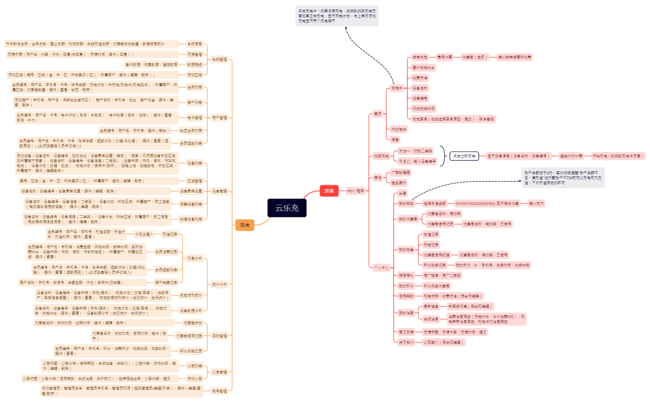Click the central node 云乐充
point(287,208)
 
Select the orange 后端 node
point(244,225)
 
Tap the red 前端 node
point(328,191)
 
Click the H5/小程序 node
point(355,191)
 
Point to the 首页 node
point(378,113)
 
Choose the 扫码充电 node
point(381,156)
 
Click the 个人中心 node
point(381,268)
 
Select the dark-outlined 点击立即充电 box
point(463,156)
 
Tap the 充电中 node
point(397,89)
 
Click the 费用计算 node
point(445,57)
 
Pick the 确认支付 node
point(535,203)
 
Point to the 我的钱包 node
point(405,203)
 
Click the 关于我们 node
point(405,342)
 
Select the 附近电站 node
point(398,130)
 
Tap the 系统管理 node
point(219,60)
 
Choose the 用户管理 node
point(219,117)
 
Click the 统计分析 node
point(219,284)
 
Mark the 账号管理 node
point(219,391)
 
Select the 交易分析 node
point(194,258)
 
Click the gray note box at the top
point(337,15)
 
